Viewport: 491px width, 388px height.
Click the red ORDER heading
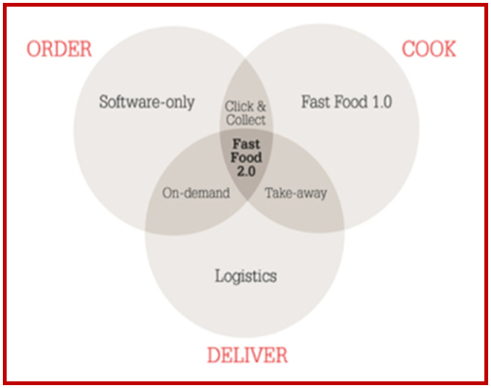point(59,48)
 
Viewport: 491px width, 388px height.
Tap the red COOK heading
point(428,48)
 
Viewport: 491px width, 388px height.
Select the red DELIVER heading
point(247,355)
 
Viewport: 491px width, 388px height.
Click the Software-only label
point(147,102)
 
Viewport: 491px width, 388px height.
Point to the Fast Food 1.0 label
point(347,102)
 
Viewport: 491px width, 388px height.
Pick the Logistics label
point(245,276)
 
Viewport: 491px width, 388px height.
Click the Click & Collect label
point(245,113)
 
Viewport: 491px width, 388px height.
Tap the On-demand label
point(196,193)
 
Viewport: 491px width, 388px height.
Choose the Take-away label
point(296,193)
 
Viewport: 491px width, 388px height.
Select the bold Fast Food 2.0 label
point(246,157)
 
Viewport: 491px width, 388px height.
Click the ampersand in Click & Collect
point(262,106)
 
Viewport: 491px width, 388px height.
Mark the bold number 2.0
point(246,172)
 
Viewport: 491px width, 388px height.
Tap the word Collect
point(245,120)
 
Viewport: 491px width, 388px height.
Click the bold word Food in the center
point(246,157)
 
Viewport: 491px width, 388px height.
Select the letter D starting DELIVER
point(213,355)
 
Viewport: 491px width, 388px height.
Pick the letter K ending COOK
point(449,48)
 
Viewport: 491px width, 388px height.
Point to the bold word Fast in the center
point(246,144)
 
